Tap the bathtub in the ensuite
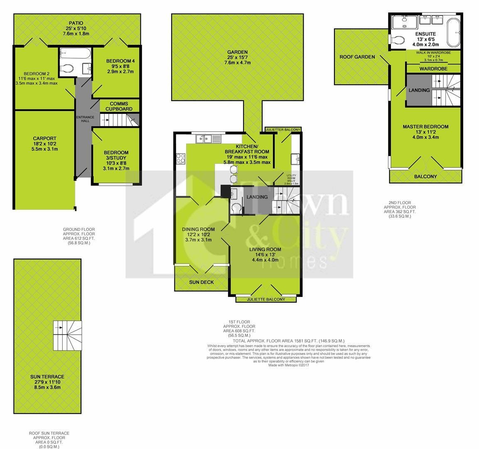coord(454,32)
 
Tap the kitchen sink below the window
coord(206,138)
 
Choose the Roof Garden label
coord(357,57)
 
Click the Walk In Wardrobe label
coord(433,53)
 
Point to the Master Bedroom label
coord(425,127)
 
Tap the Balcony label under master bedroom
coord(425,177)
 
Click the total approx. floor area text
coord(288,340)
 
